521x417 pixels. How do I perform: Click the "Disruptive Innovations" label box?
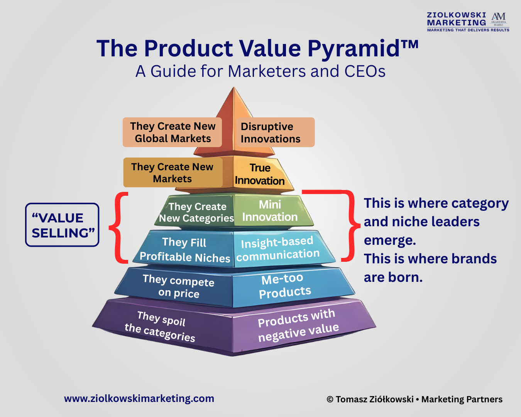click(x=276, y=132)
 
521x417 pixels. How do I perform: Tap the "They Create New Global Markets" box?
click(x=172, y=132)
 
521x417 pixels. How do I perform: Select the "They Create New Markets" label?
click(x=173, y=172)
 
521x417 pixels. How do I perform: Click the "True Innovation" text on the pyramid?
click(x=260, y=174)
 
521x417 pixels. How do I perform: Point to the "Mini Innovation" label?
click(x=270, y=211)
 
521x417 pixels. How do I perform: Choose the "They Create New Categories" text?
click(x=196, y=212)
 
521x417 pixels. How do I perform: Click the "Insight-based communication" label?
click(x=278, y=249)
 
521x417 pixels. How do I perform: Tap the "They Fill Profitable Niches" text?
click(x=185, y=250)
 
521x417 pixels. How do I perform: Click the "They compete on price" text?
click(x=178, y=286)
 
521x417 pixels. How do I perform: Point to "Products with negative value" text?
click(x=298, y=325)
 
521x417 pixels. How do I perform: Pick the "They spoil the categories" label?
click(x=160, y=326)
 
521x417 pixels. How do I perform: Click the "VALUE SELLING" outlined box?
click(x=62, y=225)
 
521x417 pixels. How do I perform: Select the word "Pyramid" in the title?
click(x=354, y=49)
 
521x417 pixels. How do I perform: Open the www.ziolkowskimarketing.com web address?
click(x=139, y=398)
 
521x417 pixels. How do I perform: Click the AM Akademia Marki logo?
click(x=499, y=19)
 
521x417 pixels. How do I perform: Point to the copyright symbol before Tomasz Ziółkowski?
click(x=330, y=399)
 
